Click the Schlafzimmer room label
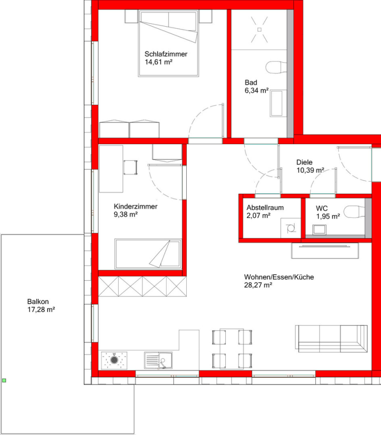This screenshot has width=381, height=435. pyautogui.click(x=166, y=54)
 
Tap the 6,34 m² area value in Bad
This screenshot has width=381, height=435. pyautogui.click(x=257, y=90)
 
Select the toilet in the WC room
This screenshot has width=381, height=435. pyautogui.click(x=354, y=212)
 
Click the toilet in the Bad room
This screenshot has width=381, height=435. pyautogui.click(x=276, y=67)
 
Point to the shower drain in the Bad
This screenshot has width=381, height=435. pyautogui.click(x=260, y=30)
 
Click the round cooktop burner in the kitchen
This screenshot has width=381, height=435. pyautogui.click(x=114, y=360)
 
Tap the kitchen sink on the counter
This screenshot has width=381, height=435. pyautogui.click(x=158, y=360)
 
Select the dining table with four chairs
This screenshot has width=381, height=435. pyautogui.click(x=232, y=349)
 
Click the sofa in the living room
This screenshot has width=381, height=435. pyautogui.click(x=331, y=339)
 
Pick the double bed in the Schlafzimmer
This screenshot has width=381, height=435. pyautogui.click(x=169, y=43)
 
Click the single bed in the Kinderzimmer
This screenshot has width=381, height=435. pyautogui.click(x=148, y=254)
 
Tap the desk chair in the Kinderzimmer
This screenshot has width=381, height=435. pyautogui.click(x=130, y=167)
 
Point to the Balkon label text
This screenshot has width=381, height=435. pyautogui.click(x=38, y=302)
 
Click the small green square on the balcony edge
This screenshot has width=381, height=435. pyautogui.click(x=4, y=380)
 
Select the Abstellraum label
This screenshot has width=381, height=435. pyautogui.click(x=265, y=208)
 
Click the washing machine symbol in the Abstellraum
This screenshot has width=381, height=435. pyautogui.click(x=291, y=228)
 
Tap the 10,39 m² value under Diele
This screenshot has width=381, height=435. pyautogui.click(x=311, y=170)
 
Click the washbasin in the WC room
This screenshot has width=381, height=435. pyautogui.click(x=320, y=230)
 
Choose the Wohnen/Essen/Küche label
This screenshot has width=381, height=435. pyautogui.click(x=279, y=277)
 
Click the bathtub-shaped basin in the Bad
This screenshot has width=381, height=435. pyautogui.click(x=278, y=103)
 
